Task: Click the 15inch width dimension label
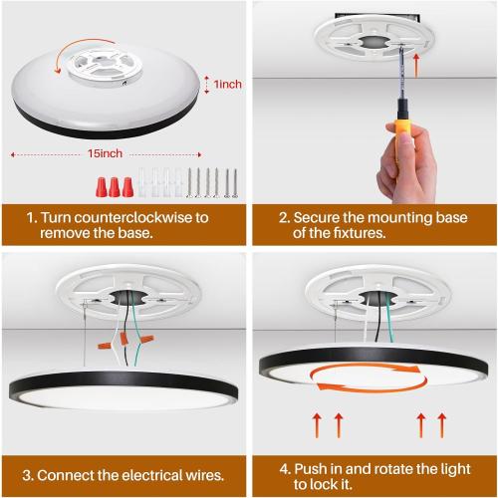[106, 155]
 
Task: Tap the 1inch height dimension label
[225, 86]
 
